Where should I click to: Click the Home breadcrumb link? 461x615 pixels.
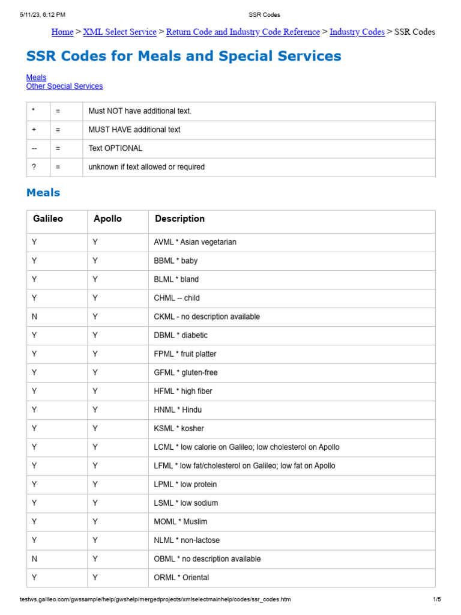[62, 32]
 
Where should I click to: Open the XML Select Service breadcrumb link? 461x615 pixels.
[119, 32]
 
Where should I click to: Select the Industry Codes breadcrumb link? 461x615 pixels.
[357, 32]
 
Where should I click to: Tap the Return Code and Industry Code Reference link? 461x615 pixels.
[243, 32]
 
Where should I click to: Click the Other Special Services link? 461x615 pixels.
[64, 86]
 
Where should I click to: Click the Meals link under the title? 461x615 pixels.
[36, 77]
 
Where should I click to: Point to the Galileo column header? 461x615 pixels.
[47, 219]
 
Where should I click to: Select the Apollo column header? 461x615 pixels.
[107, 219]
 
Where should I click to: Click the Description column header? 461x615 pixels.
[179, 219]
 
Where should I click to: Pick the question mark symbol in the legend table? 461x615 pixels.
[33, 167]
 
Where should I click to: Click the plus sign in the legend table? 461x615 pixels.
[33, 130]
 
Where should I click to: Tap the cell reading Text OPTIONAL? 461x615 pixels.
[115, 148]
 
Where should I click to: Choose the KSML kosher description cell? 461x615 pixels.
[179, 429]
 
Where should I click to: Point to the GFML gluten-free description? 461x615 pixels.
[185, 373]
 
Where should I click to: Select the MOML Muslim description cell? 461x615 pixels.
[181, 522]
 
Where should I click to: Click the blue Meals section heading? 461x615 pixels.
[43, 193]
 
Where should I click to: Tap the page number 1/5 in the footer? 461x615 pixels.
[436, 599]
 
